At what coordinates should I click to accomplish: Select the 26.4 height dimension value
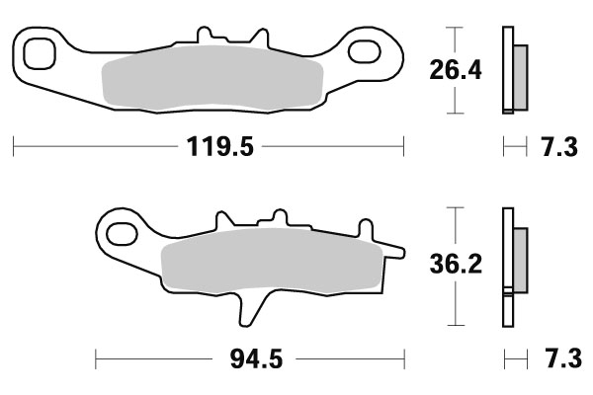pyautogui.click(x=454, y=71)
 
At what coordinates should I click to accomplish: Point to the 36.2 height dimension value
pyautogui.click(x=454, y=266)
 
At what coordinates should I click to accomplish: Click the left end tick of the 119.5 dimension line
pyautogui.click(x=13, y=148)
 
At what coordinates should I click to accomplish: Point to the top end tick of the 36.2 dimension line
pyautogui.click(x=454, y=207)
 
